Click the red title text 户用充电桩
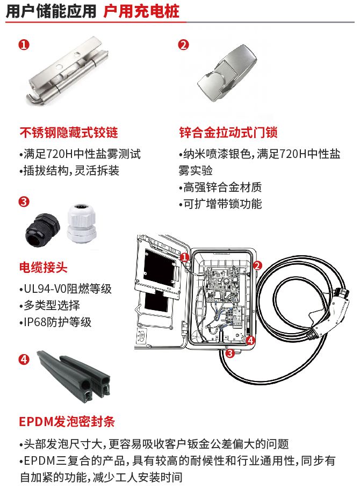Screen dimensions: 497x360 click(141, 12)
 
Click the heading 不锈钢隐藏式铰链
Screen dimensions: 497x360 click(68, 132)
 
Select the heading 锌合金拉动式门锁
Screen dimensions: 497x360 click(228, 132)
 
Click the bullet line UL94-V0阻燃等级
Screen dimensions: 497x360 click(65, 289)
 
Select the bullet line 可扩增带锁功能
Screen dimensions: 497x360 click(220, 204)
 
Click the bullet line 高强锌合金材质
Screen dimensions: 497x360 click(220, 188)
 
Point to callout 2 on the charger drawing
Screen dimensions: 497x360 click(257, 265)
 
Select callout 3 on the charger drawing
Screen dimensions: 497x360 click(229, 353)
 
